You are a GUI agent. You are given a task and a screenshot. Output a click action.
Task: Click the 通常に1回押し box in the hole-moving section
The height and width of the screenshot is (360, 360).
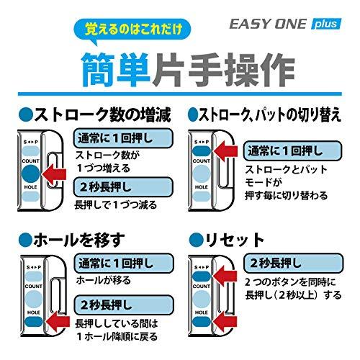[122, 261]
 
